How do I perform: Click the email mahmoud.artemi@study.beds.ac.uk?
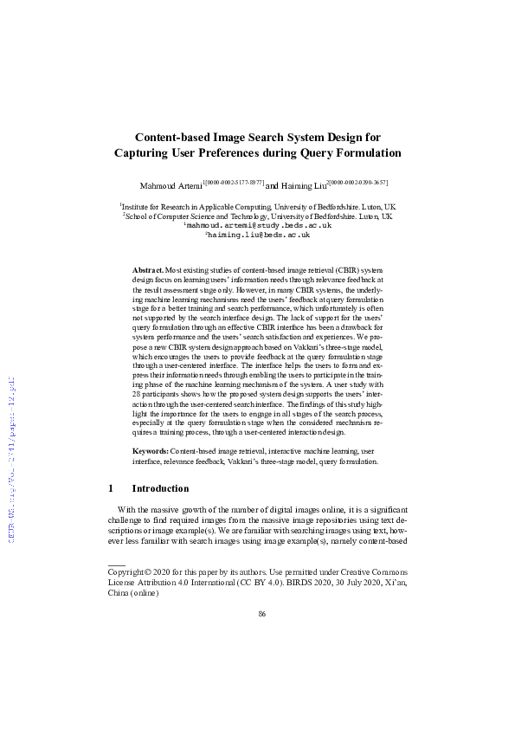click(x=259, y=225)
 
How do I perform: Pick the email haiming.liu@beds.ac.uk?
click(x=258, y=235)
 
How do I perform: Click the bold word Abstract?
click(x=147, y=271)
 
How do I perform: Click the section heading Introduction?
click(x=166, y=488)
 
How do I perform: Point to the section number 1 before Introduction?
click(x=111, y=488)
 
